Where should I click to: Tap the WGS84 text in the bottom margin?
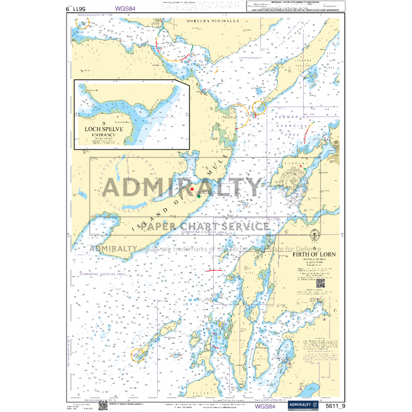coord(264,406)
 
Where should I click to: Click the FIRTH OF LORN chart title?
coord(314,255)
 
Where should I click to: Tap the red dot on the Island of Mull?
coord(192,188)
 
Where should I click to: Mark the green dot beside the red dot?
coord(199,195)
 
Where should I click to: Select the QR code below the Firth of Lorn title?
coord(321,283)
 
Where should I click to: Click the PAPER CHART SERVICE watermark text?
coord(205,227)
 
